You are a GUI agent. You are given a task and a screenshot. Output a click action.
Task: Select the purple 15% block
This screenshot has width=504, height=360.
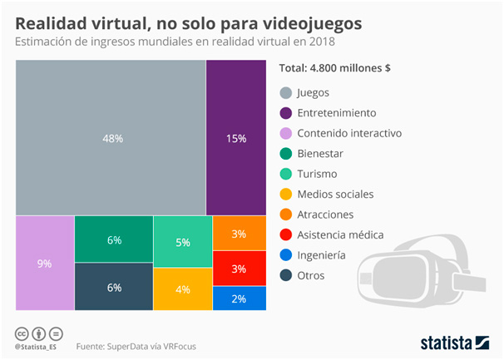click(235, 138)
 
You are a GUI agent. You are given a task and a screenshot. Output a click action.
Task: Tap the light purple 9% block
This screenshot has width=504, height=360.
click(44, 264)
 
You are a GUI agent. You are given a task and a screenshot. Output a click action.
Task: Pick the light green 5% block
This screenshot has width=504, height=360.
click(183, 241)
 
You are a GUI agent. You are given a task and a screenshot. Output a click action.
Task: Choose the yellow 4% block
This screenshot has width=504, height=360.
click(183, 289)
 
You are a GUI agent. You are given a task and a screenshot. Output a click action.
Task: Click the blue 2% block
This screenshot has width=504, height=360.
click(238, 298)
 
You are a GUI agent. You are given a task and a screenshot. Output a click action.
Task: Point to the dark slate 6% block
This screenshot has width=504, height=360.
click(114, 288)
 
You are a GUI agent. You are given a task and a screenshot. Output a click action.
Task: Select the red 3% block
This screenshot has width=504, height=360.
click(238, 269)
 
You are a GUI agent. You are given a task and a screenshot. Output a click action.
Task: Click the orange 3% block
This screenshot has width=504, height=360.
click(238, 234)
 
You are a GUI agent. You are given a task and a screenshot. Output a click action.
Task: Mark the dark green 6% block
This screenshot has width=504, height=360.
click(114, 239)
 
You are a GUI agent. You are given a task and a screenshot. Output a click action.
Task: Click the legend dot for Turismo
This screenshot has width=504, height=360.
click(286, 174)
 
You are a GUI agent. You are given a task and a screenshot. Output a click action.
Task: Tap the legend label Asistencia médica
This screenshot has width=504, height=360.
click(340, 234)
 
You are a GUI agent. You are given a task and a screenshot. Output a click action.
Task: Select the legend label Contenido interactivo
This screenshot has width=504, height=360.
click(349, 133)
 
